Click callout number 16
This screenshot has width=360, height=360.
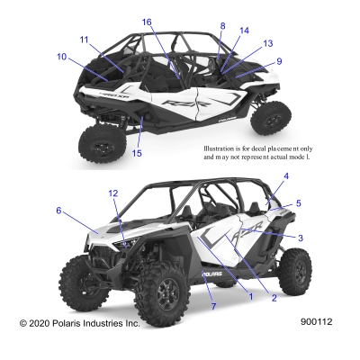point(147,22)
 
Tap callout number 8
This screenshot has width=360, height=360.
point(222,26)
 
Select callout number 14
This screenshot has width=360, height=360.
point(245,31)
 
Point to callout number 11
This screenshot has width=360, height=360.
point(84,40)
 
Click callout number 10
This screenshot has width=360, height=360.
point(61,57)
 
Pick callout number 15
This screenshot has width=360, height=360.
point(137,153)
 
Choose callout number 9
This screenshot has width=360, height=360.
point(279,61)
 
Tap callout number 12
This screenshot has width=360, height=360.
point(113,193)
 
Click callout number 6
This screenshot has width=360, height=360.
point(58,211)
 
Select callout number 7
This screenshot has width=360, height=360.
point(213,307)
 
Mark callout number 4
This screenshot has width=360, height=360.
point(286,176)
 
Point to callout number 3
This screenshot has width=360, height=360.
point(301,238)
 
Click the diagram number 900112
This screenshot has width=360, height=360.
point(317,322)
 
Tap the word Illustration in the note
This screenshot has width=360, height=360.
point(219,148)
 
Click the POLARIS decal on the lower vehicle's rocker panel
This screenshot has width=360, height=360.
point(211,274)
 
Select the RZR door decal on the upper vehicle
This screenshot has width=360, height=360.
point(186,103)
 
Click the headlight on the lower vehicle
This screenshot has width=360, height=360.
point(129,242)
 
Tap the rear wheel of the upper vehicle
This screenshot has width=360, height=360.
point(103,145)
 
